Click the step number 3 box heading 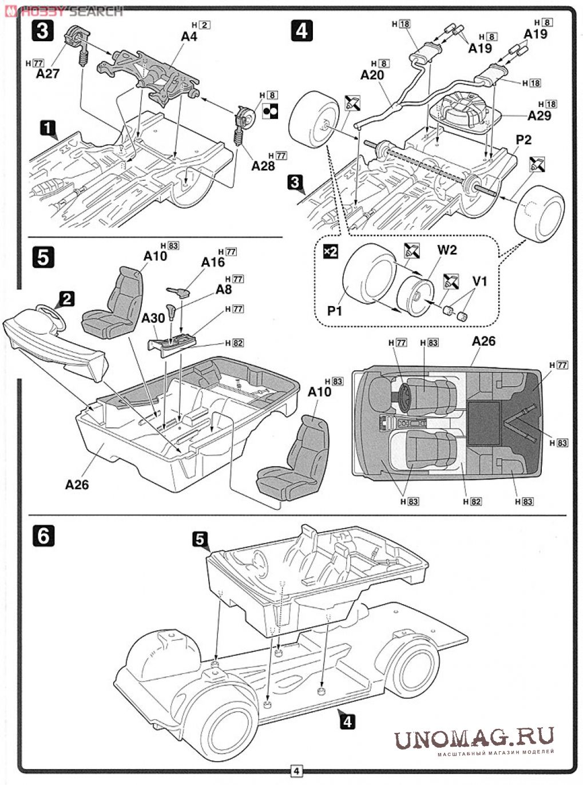[x=42, y=30]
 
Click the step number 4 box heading [x=302, y=30]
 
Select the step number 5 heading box [x=43, y=258]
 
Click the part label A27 [x=47, y=74]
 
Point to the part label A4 [x=189, y=36]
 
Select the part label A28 [x=263, y=166]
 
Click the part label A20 [x=372, y=75]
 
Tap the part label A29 [x=539, y=116]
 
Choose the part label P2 [x=523, y=140]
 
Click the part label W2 [x=447, y=251]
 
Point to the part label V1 [x=479, y=281]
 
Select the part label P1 [x=334, y=311]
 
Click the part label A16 [x=213, y=262]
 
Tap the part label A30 [x=153, y=318]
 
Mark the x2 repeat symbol [x=331, y=251]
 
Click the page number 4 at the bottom [x=296, y=771]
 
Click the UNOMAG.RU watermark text [x=474, y=739]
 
